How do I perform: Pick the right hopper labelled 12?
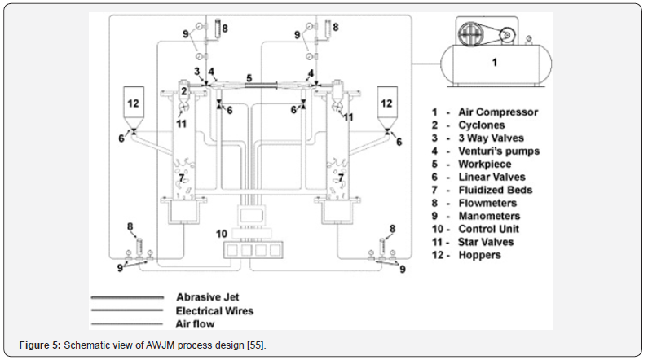click(x=387, y=105)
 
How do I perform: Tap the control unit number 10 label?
click(x=220, y=234)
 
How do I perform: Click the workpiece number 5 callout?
click(x=250, y=77)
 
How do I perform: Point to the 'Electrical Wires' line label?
click(x=214, y=310)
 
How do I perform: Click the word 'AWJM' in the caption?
click(x=152, y=345)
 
